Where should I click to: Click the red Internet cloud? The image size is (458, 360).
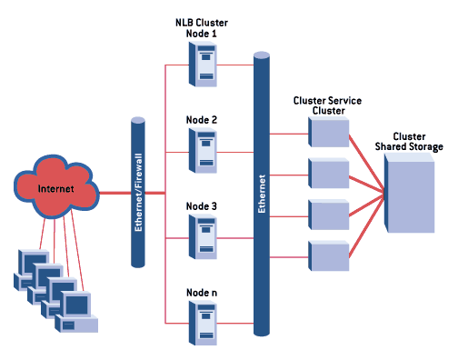coord(56,186)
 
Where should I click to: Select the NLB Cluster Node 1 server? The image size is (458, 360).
coord(203,65)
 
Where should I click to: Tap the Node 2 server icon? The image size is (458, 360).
coord(203,150)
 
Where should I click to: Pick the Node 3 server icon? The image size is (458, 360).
coord(203,236)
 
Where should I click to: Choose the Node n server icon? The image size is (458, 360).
coord(203,323)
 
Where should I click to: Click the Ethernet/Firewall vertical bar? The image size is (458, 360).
coord(138,192)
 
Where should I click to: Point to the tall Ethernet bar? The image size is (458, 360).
coord(262,194)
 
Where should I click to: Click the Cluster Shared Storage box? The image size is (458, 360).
coord(409,193)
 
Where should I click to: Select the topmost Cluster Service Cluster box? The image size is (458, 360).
coord(329,132)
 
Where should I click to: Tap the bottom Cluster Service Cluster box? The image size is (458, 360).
coord(329,255)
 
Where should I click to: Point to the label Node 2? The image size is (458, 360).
coord(202,120)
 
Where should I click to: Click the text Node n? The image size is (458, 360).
coord(202,293)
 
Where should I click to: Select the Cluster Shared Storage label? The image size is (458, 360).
coord(409,142)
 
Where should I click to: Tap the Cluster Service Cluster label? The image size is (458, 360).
coord(327,105)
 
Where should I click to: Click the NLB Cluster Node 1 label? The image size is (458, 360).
coord(202,28)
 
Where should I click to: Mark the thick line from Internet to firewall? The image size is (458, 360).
coord(115,193)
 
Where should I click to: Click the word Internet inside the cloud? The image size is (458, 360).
coord(55,189)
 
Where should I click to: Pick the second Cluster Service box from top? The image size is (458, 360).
coord(329,174)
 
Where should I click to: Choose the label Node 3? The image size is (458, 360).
coord(202,206)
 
